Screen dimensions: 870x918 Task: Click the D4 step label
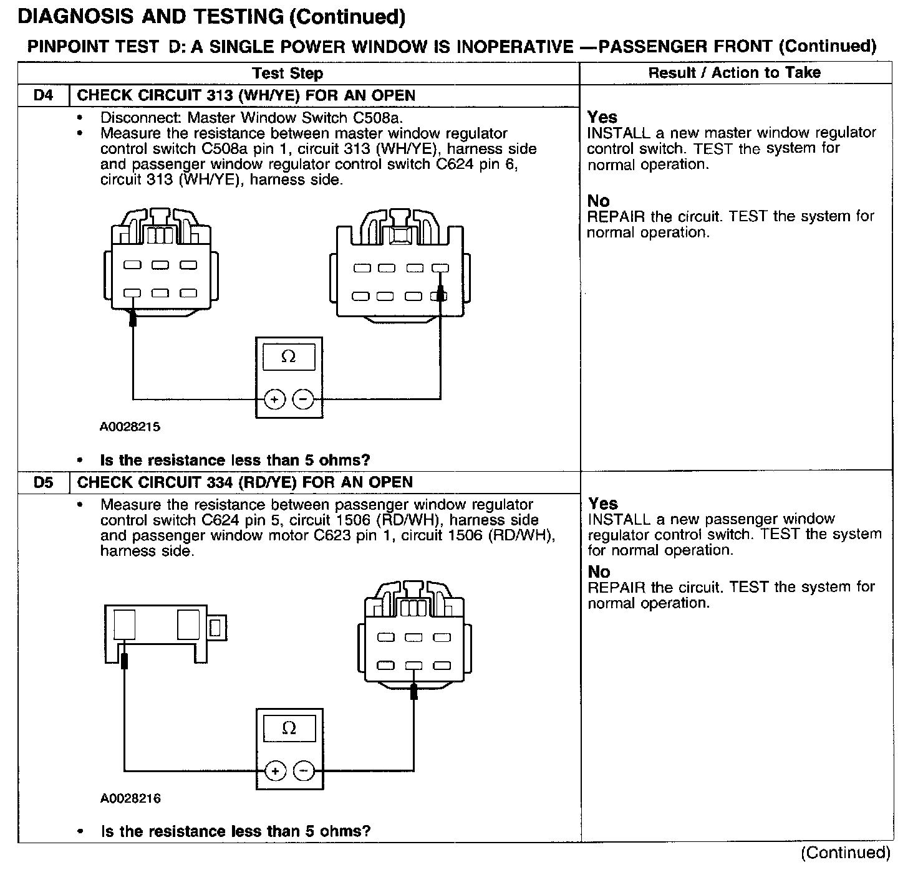click(43, 96)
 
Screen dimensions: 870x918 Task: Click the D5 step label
click(43, 482)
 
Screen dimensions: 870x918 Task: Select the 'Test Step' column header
click(287, 74)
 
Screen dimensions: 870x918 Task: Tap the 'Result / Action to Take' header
click(734, 73)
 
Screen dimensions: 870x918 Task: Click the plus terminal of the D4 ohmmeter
click(274, 399)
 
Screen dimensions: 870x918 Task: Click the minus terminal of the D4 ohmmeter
click(303, 399)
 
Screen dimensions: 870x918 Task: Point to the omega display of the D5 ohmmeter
click(289, 728)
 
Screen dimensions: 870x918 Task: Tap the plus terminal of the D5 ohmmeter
click(274, 771)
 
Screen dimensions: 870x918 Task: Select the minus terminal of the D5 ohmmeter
click(304, 771)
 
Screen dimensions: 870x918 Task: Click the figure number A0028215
click(130, 427)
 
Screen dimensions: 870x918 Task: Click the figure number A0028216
click(130, 798)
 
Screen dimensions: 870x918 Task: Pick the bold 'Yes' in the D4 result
click(602, 117)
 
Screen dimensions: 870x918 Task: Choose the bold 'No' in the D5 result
click(599, 571)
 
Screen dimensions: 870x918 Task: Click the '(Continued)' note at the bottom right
click(846, 853)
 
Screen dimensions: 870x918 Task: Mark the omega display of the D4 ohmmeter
click(289, 357)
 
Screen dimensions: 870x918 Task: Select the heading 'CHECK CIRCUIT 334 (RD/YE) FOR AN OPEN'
click(244, 482)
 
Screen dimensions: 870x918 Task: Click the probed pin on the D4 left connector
click(132, 293)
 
